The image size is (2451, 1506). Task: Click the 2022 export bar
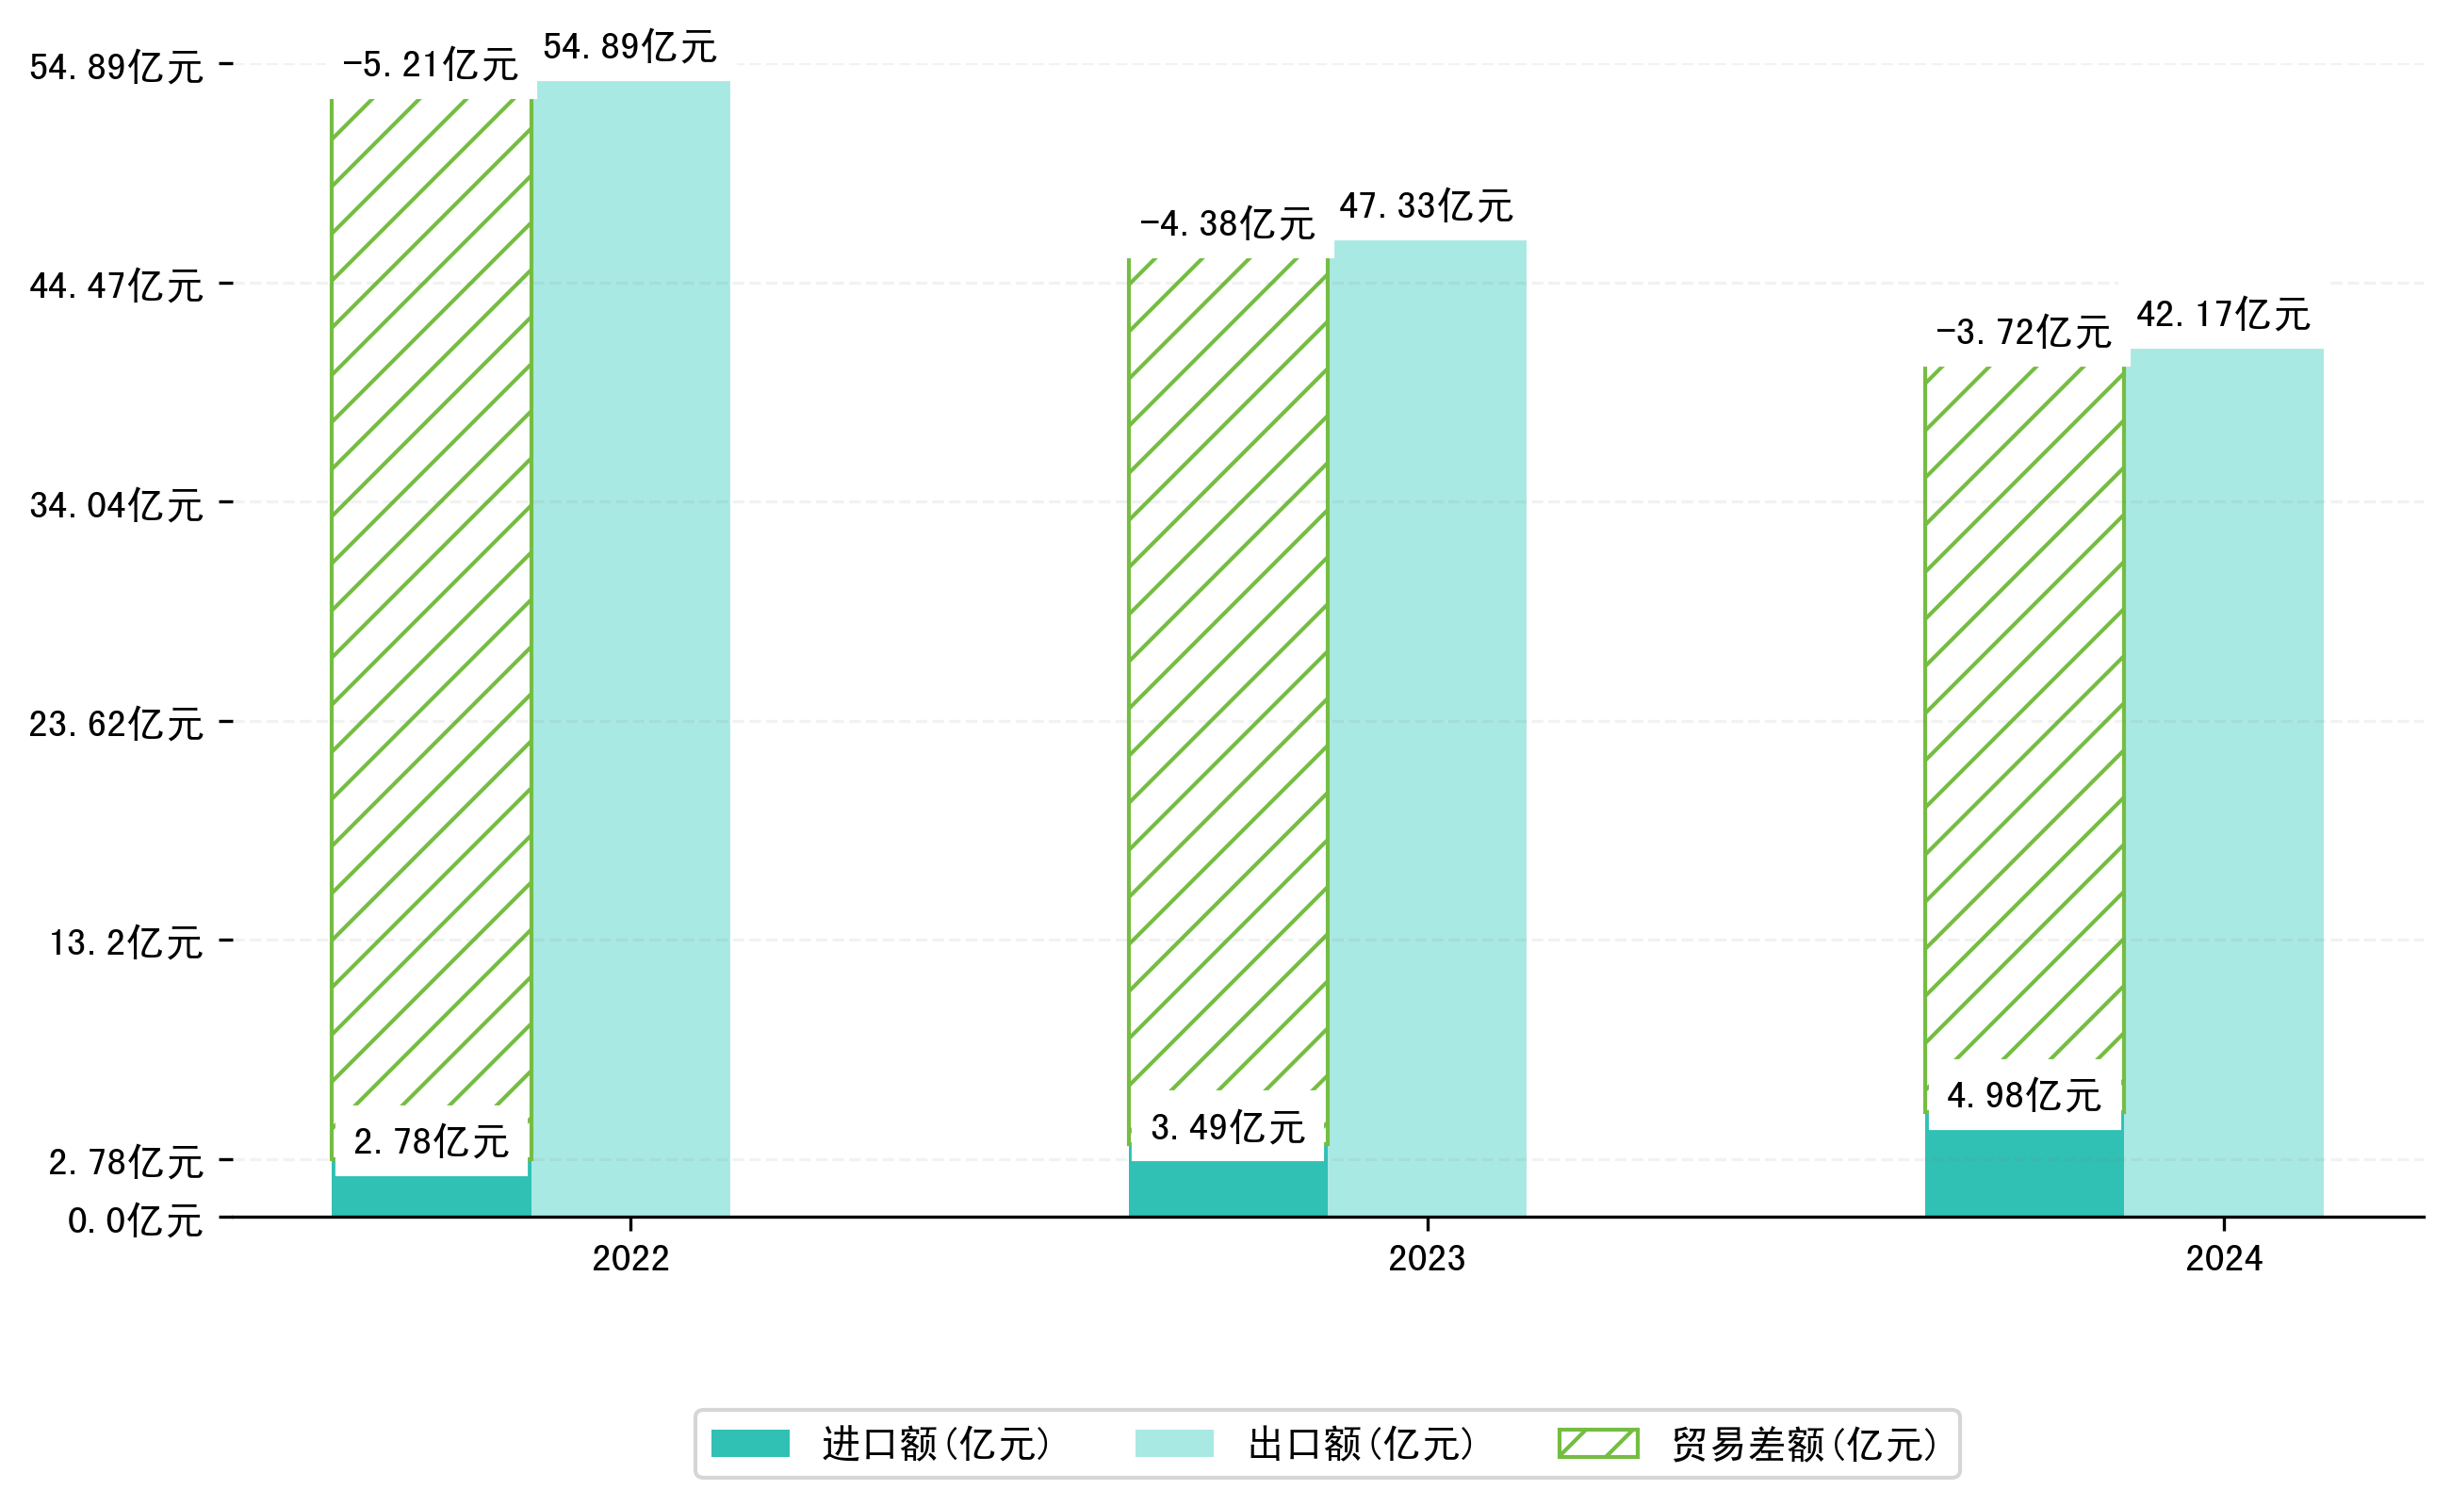[x=632, y=647]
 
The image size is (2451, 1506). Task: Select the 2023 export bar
[x=1430, y=728]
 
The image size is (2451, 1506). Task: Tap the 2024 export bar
[x=2226, y=782]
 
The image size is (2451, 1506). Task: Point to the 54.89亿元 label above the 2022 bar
[x=629, y=47]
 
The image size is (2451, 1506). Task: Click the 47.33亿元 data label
[x=1426, y=206]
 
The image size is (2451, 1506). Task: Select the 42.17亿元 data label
[x=2223, y=315]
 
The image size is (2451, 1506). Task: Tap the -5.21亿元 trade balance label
[x=431, y=65]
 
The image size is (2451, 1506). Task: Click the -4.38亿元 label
[x=1227, y=224]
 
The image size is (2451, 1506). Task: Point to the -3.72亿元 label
[x=2023, y=333]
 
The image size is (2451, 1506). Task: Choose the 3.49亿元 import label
[x=1227, y=1127]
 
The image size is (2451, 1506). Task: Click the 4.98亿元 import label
[x=2024, y=1096]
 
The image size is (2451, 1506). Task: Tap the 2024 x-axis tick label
[x=2223, y=1259]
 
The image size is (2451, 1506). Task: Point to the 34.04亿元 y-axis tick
[x=117, y=506]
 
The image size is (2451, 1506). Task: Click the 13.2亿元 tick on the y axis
[x=126, y=942]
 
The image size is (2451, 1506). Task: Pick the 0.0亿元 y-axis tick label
[x=136, y=1220]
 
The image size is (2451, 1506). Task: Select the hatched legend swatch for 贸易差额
[x=1597, y=1443]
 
